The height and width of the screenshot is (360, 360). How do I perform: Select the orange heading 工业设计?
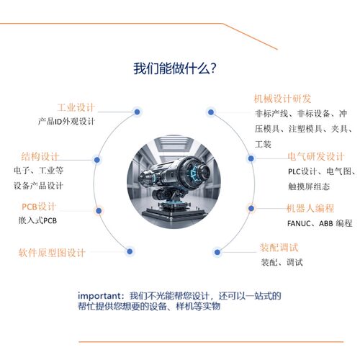point(77,107)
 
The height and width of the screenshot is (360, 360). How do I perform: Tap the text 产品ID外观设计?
point(66,122)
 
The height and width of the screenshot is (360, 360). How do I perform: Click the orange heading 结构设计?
point(41,156)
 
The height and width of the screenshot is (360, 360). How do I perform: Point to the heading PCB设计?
point(39,207)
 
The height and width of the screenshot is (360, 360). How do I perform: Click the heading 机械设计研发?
point(282,99)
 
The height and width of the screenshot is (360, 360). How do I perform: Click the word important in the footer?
point(101,296)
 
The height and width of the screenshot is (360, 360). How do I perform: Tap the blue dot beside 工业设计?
point(137,111)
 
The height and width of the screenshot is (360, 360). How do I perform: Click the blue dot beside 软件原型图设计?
point(130,251)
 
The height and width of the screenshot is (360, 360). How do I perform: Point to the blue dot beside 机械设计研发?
point(210,112)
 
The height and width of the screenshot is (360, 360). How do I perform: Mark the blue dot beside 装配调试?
point(217,252)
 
